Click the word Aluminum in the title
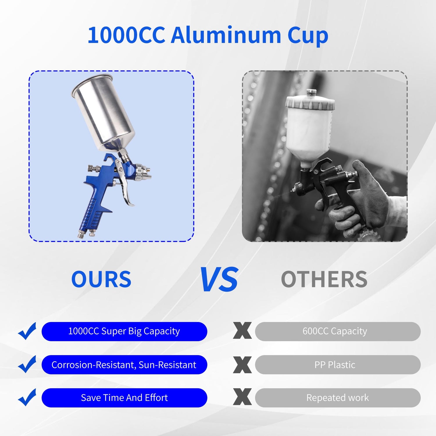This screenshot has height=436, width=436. [x=226, y=35]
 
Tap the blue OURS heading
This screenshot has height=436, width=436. [x=101, y=279]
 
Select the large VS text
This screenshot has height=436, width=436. [x=219, y=279]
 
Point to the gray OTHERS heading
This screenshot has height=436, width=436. [x=324, y=279]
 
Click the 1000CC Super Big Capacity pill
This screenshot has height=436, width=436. [x=124, y=331]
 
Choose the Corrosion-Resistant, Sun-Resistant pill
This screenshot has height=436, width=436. [x=124, y=364]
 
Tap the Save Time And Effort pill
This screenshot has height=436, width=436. [x=124, y=398]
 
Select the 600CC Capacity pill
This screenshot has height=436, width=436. [x=337, y=331]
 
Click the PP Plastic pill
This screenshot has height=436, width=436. [x=337, y=364]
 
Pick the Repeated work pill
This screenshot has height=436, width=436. [x=337, y=398]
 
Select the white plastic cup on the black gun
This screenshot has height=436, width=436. [x=310, y=128]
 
